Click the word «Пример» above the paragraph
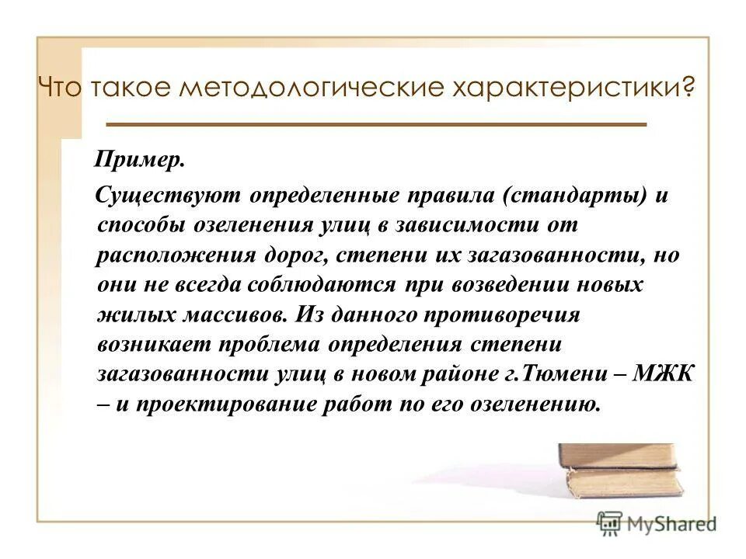pos(140,161)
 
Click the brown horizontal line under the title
pos(375,124)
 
